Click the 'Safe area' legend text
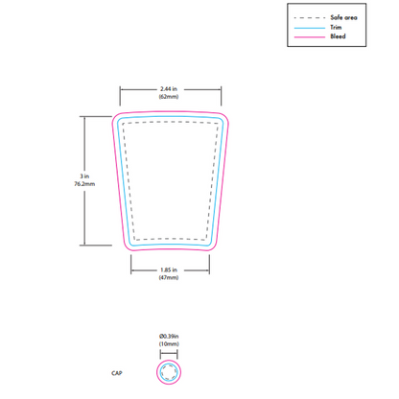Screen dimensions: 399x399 point(343,17)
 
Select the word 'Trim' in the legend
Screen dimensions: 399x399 point(336,27)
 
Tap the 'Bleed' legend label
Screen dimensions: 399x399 point(338,36)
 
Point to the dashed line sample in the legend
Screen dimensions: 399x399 point(310,18)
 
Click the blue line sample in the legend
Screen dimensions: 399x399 point(310,28)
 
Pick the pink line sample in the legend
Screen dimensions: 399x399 point(310,37)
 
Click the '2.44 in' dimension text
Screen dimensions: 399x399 point(169,89)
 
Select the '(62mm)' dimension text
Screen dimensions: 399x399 point(169,97)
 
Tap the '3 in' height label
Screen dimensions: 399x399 point(84,176)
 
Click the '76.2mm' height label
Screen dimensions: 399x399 point(84,184)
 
